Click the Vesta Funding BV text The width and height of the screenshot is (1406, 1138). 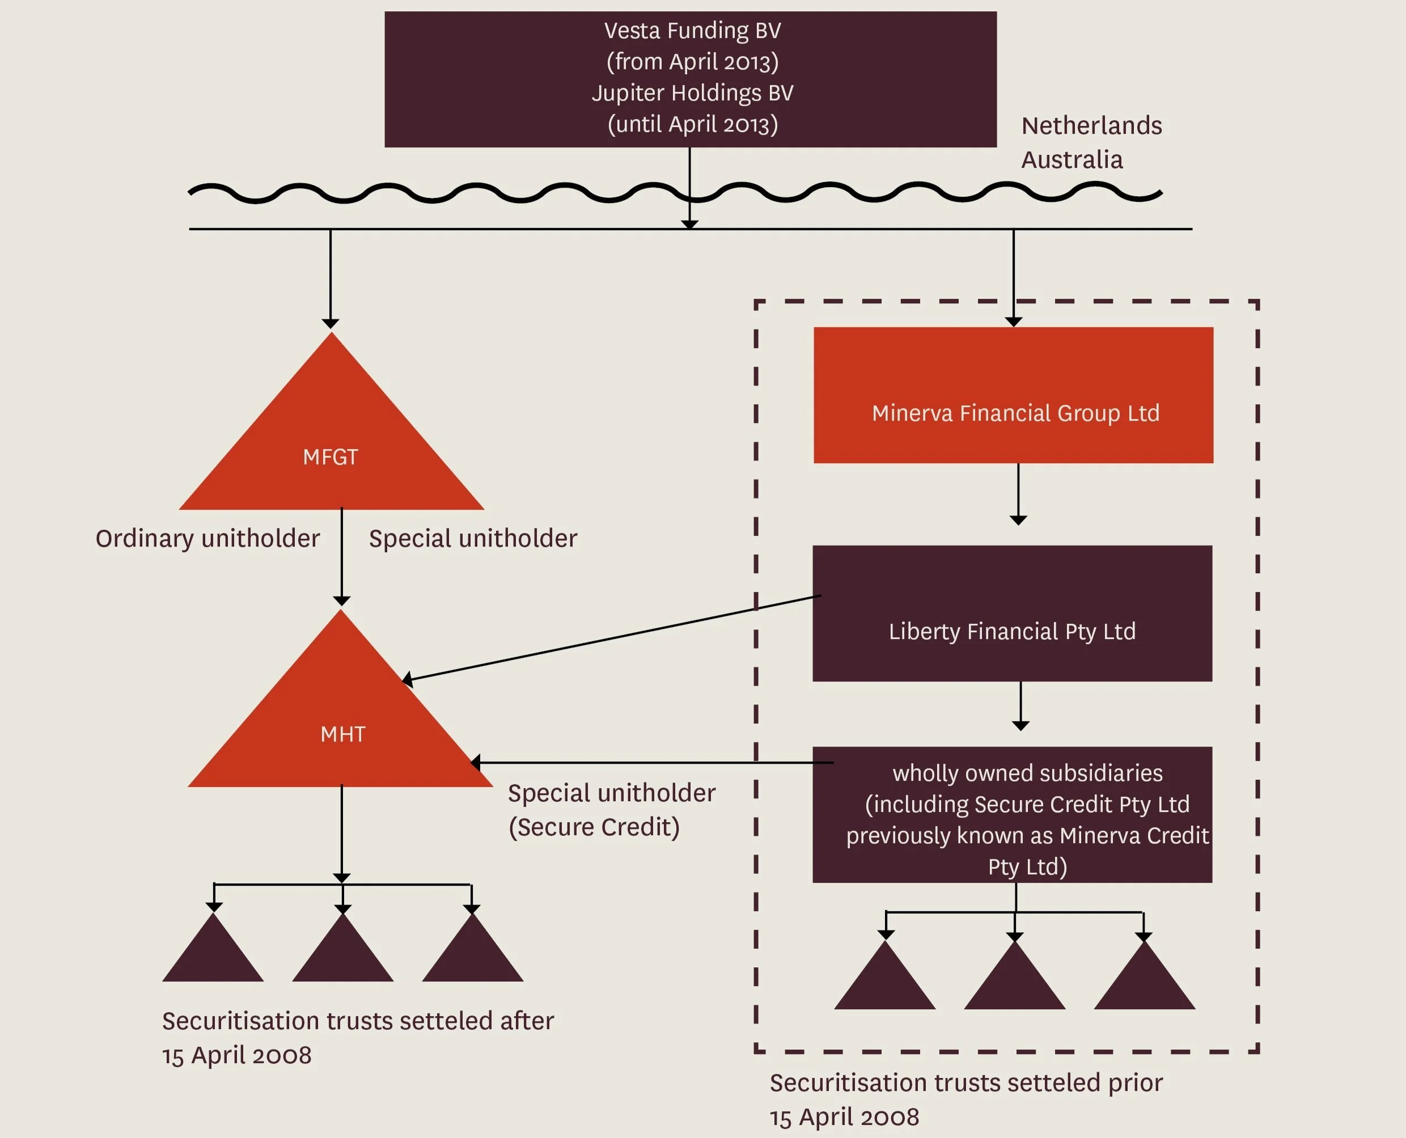click(692, 31)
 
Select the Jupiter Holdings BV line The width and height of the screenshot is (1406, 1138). click(692, 93)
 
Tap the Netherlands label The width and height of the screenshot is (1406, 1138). click(1091, 125)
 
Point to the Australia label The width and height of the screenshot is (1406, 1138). click(1072, 160)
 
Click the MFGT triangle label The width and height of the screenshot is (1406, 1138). click(331, 457)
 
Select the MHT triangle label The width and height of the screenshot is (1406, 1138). click(343, 734)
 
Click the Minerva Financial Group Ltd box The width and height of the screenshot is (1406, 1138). click(1013, 395)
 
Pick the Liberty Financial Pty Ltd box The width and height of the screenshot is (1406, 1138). click(1012, 614)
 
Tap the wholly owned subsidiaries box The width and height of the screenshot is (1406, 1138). click(1012, 815)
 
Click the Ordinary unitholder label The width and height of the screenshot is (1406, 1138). click(208, 538)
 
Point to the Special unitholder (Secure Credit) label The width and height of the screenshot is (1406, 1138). click(611, 810)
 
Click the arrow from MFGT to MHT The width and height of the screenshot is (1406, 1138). click(341, 557)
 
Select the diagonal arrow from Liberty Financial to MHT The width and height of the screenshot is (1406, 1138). click(609, 638)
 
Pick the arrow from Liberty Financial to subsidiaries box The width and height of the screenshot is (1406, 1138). click(1020, 705)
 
